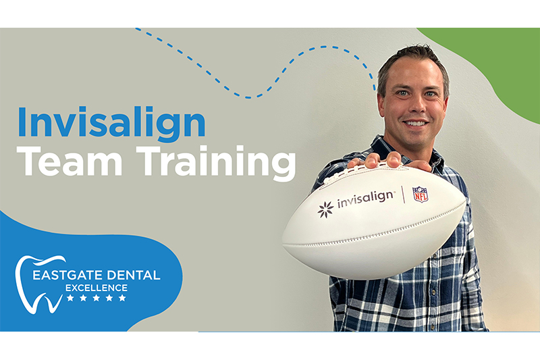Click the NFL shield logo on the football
(x=420, y=195)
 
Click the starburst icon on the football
(x=325, y=209)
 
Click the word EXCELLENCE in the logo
(x=95, y=288)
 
